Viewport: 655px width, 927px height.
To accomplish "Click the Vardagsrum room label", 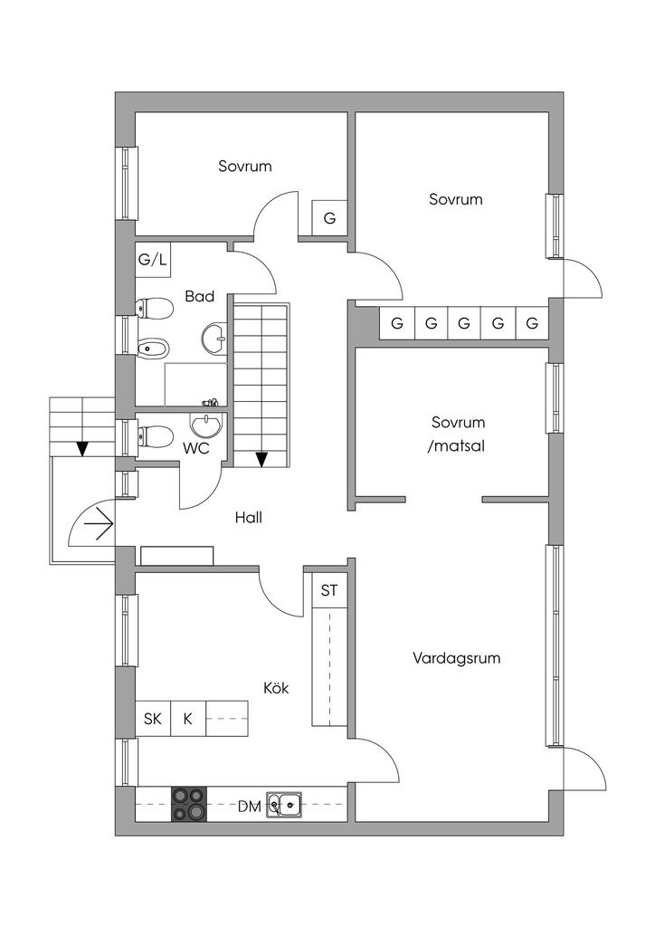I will [456, 658].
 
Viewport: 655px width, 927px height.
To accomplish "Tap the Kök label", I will [276, 689].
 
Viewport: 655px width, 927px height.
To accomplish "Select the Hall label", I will [248, 518].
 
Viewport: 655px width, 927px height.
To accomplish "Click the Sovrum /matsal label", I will [458, 433].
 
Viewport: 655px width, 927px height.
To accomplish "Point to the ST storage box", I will [329, 591].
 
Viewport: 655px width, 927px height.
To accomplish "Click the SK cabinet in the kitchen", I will [153, 719].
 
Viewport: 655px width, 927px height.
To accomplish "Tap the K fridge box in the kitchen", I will [188, 719].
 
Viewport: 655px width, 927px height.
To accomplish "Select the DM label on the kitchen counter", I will [250, 806].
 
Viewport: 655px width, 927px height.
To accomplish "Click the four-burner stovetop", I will [188, 804].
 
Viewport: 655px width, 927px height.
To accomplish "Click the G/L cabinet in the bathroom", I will [153, 260].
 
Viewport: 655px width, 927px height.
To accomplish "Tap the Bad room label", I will [199, 296].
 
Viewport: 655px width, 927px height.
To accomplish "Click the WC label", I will [197, 447].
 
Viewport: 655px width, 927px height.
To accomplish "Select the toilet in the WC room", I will [155, 437].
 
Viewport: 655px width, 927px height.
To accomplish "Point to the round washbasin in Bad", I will [215, 338].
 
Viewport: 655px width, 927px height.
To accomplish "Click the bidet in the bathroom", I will [153, 347].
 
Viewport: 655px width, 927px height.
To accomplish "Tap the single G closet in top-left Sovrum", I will [329, 218].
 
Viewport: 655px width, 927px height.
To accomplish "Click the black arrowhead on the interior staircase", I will [261, 459].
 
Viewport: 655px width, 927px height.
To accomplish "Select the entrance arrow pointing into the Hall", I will [97, 523].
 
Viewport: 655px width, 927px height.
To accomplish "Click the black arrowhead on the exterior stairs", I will [82, 448].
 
